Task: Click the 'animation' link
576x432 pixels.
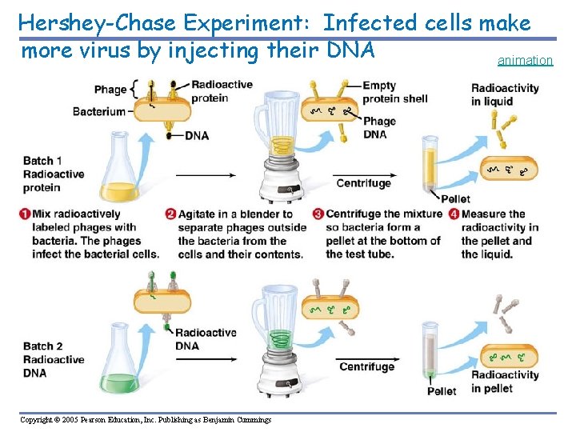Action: [x=525, y=60]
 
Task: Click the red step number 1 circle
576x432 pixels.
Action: [x=25, y=214]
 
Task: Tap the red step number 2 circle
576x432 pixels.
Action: [x=170, y=214]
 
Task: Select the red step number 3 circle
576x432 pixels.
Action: [x=318, y=214]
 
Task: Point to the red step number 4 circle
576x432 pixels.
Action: [x=454, y=214]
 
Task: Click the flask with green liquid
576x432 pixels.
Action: [x=121, y=360]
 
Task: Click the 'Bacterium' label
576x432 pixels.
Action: [x=98, y=111]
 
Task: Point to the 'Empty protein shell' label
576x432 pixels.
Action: [x=394, y=92]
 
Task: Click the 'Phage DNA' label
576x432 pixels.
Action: [x=379, y=128]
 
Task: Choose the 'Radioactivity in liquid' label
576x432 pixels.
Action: [x=505, y=94]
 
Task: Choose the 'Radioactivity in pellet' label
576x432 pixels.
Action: [x=505, y=382]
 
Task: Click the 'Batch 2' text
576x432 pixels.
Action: [x=43, y=346]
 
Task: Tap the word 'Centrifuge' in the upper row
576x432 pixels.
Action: [x=363, y=183]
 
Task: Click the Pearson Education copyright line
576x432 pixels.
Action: [x=146, y=420]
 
